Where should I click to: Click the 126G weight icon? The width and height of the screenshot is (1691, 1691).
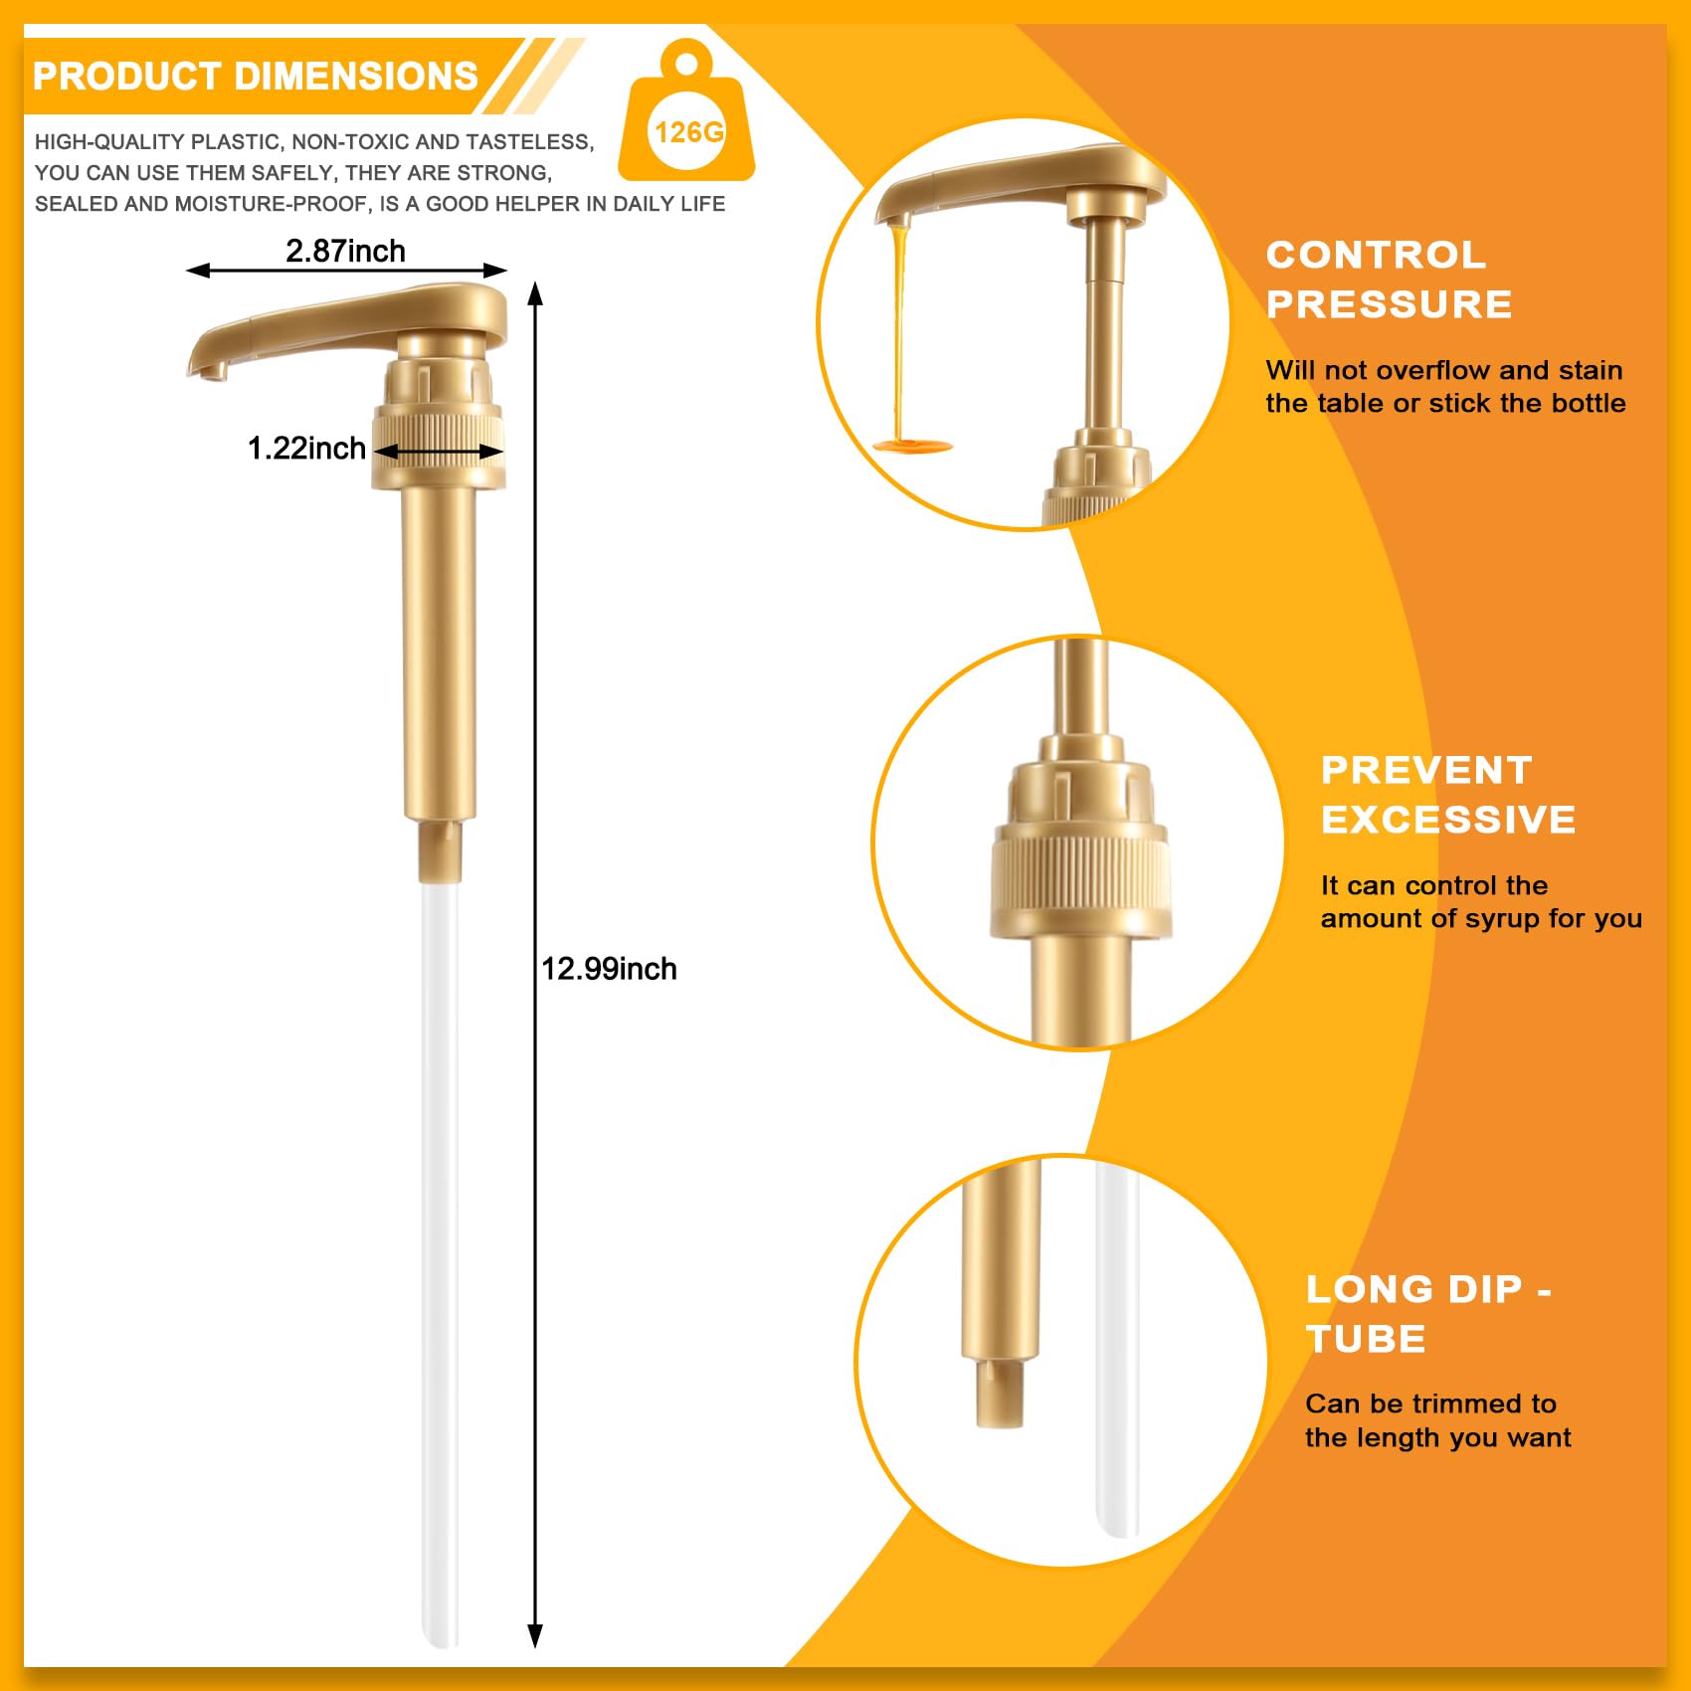point(686,119)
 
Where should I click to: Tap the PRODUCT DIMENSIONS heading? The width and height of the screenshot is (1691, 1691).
point(256,77)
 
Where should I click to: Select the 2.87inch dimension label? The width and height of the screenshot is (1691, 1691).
point(345,251)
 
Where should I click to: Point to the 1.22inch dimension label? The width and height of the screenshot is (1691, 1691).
point(306,449)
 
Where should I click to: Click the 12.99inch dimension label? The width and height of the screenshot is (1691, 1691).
point(609,969)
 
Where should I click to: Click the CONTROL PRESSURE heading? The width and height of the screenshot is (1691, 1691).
point(1389,280)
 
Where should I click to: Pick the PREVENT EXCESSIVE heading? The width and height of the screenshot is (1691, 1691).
point(1447,795)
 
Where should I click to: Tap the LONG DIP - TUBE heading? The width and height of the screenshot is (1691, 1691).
point(1427,1314)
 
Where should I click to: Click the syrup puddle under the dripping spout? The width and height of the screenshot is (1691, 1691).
point(912,447)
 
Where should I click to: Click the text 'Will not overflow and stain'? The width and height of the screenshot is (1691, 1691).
point(1443,370)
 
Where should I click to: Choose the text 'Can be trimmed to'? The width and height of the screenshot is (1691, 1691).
point(1430,1404)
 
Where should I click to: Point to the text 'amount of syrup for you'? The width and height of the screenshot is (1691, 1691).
point(1480,918)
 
